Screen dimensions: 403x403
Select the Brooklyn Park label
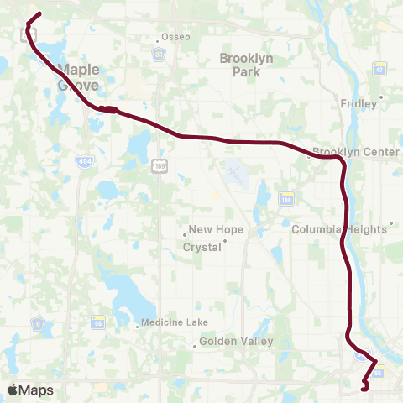[x=240, y=65]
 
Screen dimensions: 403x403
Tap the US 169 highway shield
[x=159, y=168]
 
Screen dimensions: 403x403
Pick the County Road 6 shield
[x=38, y=322]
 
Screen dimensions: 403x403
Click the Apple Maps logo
[x=30, y=390]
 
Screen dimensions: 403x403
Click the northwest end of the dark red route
[x=39, y=13]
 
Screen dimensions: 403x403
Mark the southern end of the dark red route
[x=363, y=389]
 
